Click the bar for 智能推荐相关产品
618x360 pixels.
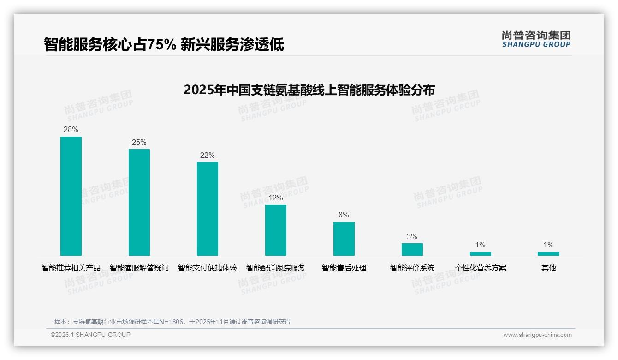pyautogui.click(x=71, y=196)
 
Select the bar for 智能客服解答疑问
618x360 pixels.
pyautogui.click(x=139, y=202)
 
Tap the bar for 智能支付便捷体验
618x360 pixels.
pyautogui.click(x=208, y=209)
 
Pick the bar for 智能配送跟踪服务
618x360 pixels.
pyautogui.click(x=276, y=230)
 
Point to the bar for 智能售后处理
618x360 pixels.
pyautogui.click(x=344, y=239)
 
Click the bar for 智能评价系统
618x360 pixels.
pyautogui.click(x=412, y=249)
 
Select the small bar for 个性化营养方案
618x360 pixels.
pyautogui.click(x=480, y=253)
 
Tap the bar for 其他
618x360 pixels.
pyautogui.click(x=548, y=253)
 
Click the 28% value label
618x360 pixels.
pyautogui.click(x=71, y=130)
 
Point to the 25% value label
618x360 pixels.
pyautogui.click(x=139, y=142)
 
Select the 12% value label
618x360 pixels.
pyautogui.click(x=276, y=198)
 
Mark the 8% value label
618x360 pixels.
pyautogui.click(x=344, y=215)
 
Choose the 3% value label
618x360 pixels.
pyautogui.click(x=412, y=236)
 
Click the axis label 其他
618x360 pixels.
pyautogui.click(x=548, y=268)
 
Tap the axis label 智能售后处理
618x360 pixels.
pyautogui.click(x=344, y=268)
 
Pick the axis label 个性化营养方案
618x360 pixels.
pyautogui.click(x=480, y=268)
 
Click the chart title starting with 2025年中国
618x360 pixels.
pyautogui.click(x=309, y=90)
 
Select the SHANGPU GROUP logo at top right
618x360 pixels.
pyautogui.click(x=536, y=39)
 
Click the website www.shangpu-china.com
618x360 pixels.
pyautogui.click(x=537, y=335)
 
